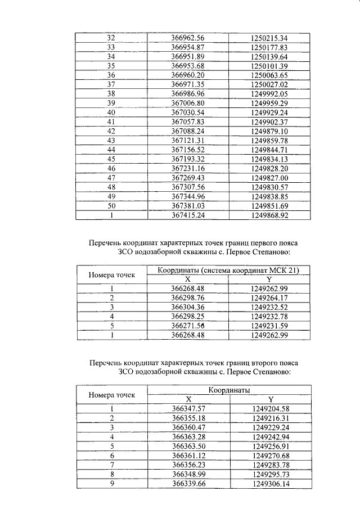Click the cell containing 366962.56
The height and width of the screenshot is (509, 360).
pos(187,38)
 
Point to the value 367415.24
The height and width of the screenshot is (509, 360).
pos(187,215)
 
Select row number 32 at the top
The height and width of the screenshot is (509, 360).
pos(111,38)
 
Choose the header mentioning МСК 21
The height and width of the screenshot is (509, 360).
pos(228,270)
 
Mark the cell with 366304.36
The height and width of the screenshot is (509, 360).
pos(187,307)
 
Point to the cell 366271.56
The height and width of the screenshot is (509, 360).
pos(187,325)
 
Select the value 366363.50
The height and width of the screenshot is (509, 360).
pos(187,445)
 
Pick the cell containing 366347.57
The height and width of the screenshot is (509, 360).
pos(187,408)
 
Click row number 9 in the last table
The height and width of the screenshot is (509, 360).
pos(112,483)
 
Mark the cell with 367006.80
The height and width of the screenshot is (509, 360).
pos(187,103)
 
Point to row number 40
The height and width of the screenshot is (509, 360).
pos(111,112)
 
